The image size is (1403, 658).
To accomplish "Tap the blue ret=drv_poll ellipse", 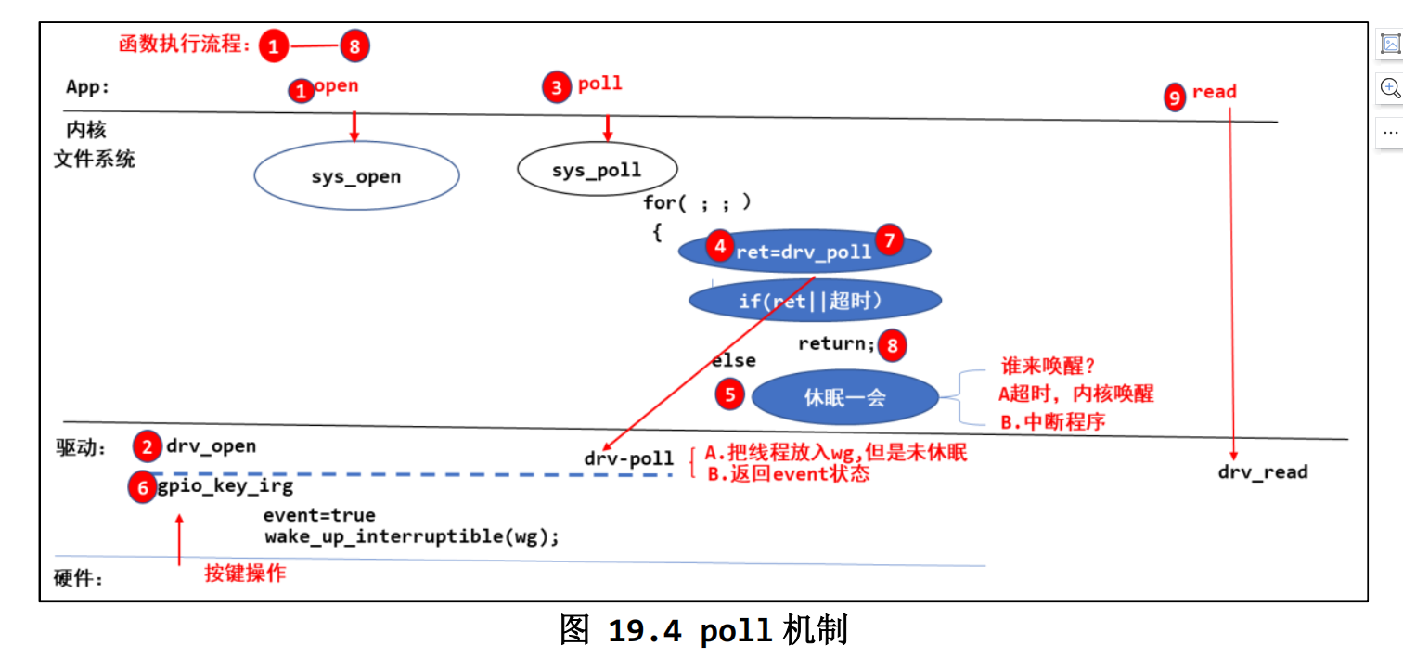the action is [804, 251].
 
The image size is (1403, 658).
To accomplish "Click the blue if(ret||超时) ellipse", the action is [815, 300].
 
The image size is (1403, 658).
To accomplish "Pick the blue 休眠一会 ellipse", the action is [845, 396].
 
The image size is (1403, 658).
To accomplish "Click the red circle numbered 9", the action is [1175, 97].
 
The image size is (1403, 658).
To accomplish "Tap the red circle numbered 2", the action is [148, 446].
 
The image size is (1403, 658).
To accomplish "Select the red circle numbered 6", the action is [143, 487].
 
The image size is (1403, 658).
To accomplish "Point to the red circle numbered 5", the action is [729, 394].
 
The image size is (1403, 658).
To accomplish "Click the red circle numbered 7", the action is [889, 239].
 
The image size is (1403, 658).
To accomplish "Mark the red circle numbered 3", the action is [557, 87].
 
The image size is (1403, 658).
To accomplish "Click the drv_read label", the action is [1263, 471].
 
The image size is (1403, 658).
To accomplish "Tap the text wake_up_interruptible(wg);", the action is [411, 536].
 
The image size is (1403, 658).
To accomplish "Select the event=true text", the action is [319, 515].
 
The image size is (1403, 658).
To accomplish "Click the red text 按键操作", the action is [245, 573].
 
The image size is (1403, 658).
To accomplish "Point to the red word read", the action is [1215, 92].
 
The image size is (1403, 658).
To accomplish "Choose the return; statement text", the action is [836, 343].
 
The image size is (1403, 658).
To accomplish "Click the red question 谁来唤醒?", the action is [1048, 366].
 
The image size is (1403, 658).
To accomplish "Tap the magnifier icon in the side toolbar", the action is [1390, 88].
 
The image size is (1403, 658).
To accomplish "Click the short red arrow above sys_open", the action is [354, 126].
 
